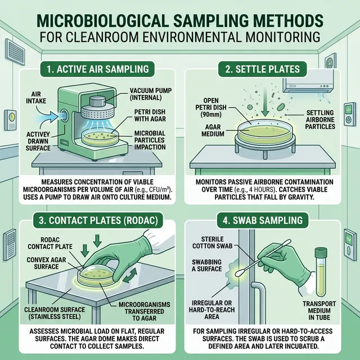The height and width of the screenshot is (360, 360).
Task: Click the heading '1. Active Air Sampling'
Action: click(x=98, y=69)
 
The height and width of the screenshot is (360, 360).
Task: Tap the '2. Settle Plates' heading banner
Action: click(x=263, y=69)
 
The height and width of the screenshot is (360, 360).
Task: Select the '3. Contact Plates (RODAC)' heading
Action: click(x=98, y=220)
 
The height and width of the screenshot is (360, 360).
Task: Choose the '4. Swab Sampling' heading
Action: click(x=263, y=220)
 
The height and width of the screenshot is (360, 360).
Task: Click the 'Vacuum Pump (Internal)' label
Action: click(x=150, y=94)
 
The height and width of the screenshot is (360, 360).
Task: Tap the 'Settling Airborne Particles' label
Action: click(x=320, y=120)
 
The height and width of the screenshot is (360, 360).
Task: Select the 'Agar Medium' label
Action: click(x=213, y=130)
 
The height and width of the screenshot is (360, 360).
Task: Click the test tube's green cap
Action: click(x=321, y=253)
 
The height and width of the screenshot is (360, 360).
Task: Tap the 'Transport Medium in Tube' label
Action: click(x=319, y=310)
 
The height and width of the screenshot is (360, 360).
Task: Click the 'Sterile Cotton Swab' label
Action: click(x=213, y=242)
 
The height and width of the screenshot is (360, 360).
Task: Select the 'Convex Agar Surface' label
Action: click(x=46, y=263)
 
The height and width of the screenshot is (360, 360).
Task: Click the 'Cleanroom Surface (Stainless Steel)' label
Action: click(x=55, y=313)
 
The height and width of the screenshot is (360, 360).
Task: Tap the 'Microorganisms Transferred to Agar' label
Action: click(x=144, y=311)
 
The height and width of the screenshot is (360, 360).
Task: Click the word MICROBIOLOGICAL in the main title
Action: click(x=101, y=21)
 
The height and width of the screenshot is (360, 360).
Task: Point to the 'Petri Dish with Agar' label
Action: click(x=150, y=115)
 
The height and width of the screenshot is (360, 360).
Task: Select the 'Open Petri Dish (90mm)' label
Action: click(x=211, y=107)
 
